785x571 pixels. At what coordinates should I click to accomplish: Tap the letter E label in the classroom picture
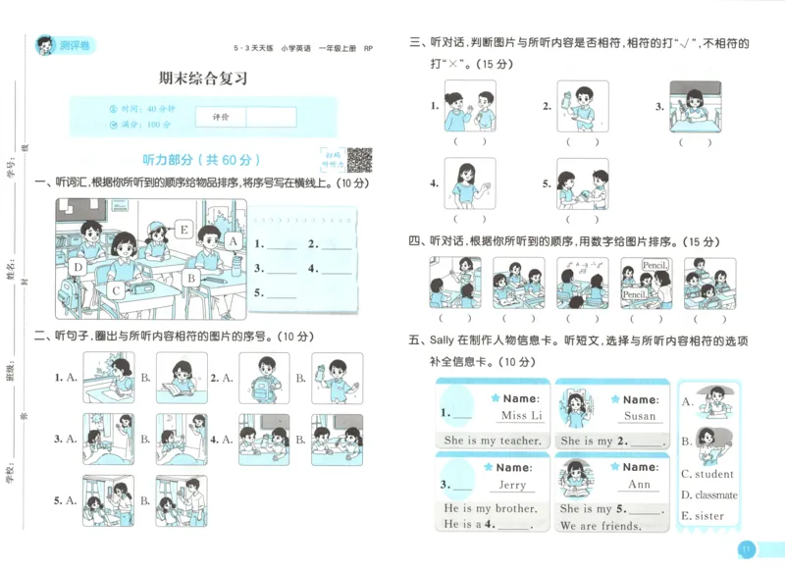coord(183,230)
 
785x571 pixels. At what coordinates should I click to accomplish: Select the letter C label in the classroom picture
coord(115,289)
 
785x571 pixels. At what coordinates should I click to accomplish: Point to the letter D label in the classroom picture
coord(78,265)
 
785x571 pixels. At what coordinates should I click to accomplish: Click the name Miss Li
coord(521,416)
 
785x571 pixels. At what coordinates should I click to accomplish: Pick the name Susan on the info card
coord(640,416)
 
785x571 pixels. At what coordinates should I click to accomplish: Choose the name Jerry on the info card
coord(512,485)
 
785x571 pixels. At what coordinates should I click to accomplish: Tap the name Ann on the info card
coord(639,485)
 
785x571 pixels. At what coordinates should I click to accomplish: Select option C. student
coord(708,475)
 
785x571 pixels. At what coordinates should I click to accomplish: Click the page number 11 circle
coord(747,549)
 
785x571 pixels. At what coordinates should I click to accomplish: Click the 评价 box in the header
coord(221,117)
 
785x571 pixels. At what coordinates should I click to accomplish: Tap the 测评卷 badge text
coord(74,45)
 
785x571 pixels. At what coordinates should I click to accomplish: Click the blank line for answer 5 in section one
coord(282,293)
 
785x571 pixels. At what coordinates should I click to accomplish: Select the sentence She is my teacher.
coord(492,441)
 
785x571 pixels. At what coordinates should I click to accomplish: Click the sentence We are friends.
coord(601,525)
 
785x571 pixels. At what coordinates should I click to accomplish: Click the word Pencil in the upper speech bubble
coord(654,266)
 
